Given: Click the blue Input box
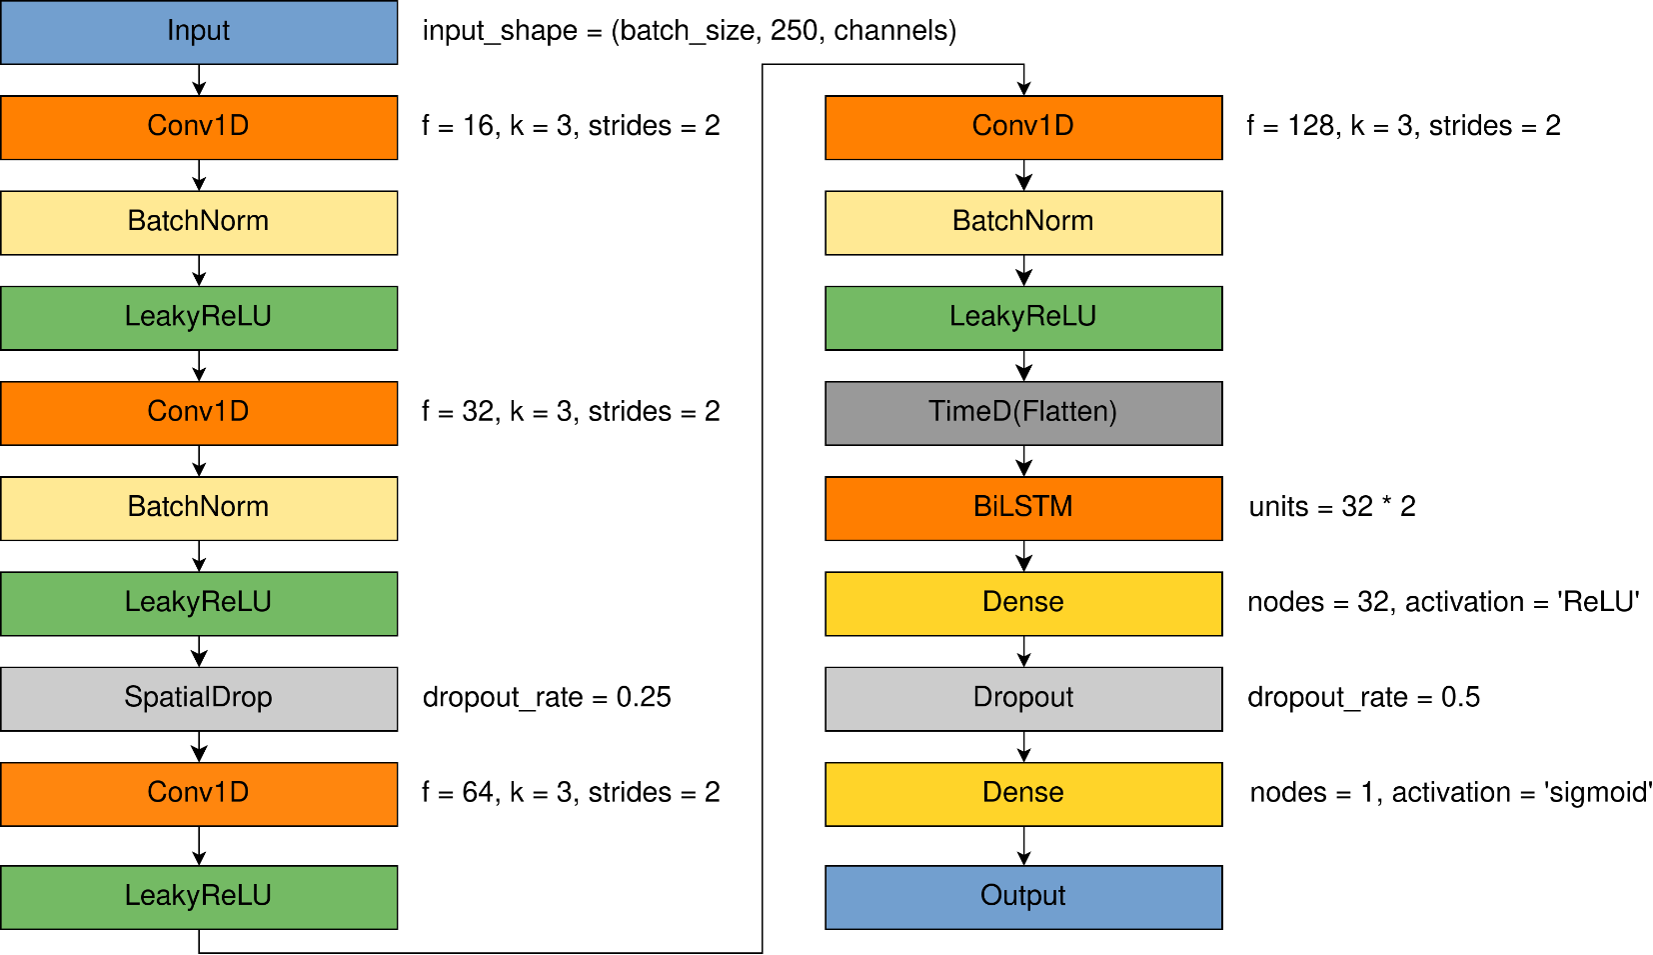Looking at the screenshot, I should (199, 32).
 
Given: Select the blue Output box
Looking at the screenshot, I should (1023, 897).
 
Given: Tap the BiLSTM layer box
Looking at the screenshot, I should (1023, 508).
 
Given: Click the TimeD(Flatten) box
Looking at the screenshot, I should (1023, 413).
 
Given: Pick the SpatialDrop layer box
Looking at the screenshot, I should (199, 698).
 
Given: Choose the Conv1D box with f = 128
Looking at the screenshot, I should (1023, 127).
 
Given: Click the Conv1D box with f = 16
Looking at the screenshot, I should (199, 127).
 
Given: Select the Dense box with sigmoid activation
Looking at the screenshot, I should (1023, 794).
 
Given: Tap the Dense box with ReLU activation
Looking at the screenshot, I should (1023, 603).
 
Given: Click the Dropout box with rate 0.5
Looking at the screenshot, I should (1023, 698).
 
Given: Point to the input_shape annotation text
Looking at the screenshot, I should (689, 31).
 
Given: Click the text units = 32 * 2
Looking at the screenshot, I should (1331, 507).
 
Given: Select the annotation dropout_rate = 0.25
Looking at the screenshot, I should (547, 697).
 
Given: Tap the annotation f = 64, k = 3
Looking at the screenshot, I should (571, 793).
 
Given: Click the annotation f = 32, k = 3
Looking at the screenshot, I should (571, 412).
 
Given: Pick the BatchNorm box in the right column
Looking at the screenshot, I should (1023, 222).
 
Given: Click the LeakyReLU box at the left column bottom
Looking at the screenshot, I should (199, 897).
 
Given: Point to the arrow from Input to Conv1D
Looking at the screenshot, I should (199, 80).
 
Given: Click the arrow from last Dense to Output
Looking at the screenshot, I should (1023, 846).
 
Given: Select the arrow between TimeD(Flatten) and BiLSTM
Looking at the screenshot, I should (1023, 461).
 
